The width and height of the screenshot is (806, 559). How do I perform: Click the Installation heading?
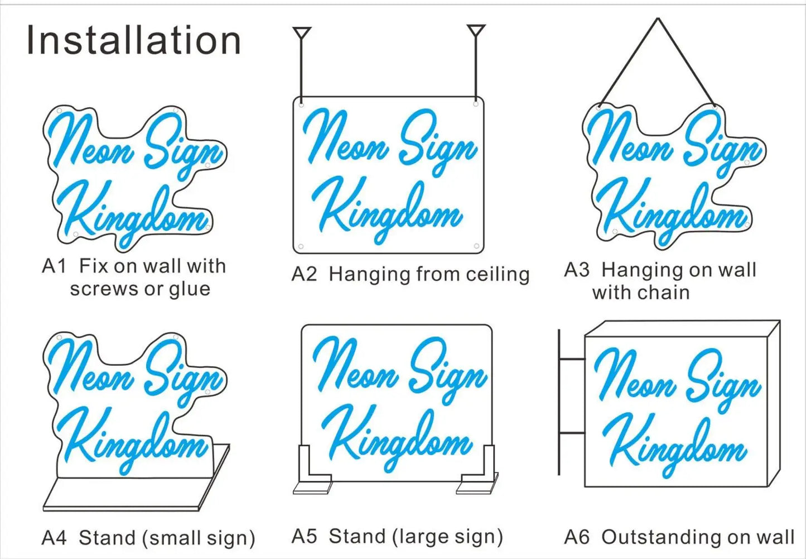(133, 41)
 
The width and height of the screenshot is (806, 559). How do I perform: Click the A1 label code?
(54, 266)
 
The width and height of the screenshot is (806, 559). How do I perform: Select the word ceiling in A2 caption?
(498, 274)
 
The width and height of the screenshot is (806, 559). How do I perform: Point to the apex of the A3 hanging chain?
(658, 20)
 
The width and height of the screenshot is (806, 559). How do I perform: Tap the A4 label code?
(54, 538)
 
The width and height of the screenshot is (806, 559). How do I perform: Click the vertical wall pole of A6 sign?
(559, 402)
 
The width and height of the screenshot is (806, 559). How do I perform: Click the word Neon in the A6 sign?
(633, 380)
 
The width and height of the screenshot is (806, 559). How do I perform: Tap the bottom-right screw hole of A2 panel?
(476, 246)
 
